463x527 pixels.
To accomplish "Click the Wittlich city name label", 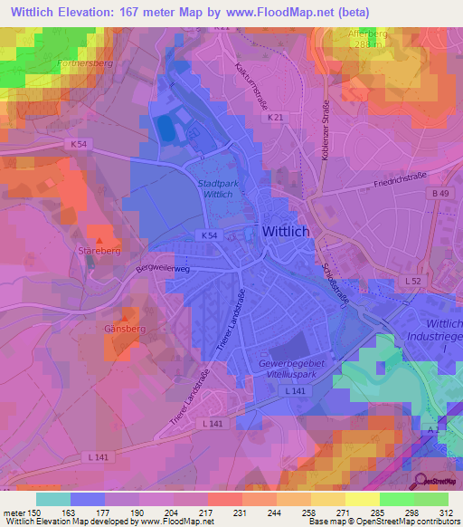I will [x=286, y=232].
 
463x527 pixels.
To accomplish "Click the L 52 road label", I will [x=413, y=283].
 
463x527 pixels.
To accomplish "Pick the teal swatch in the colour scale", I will [x=53, y=499].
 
